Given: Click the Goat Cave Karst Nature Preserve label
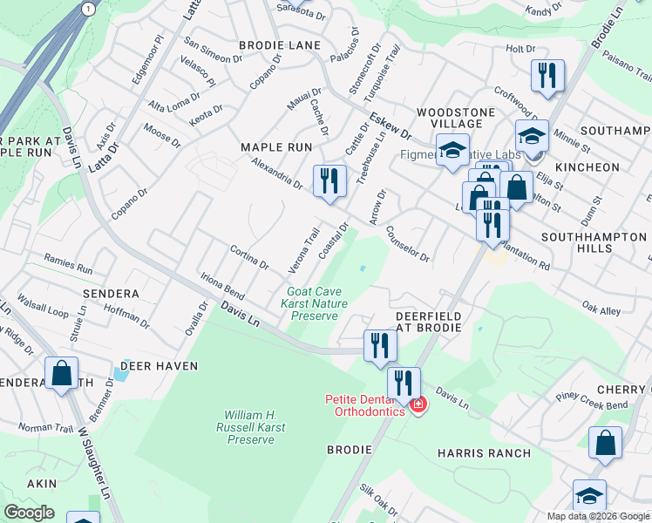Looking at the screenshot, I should pyautogui.click(x=313, y=303).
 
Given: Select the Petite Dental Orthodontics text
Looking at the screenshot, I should pyautogui.click(x=364, y=405).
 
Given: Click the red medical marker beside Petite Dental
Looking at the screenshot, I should pyautogui.click(x=418, y=406).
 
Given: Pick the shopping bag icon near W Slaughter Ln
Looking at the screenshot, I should pyautogui.click(x=62, y=375).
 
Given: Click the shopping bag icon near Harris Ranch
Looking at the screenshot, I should pyautogui.click(x=605, y=445).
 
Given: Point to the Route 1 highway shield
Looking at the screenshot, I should pyautogui.click(x=88, y=8).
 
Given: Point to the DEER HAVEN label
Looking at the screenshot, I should pyautogui.click(x=160, y=366).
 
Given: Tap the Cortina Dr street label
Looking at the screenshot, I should pyautogui.click(x=248, y=258).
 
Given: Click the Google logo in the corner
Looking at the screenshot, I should pyautogui.click(x=30, y=513).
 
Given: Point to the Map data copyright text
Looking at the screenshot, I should pyautogui.click(x=597, y=516).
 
